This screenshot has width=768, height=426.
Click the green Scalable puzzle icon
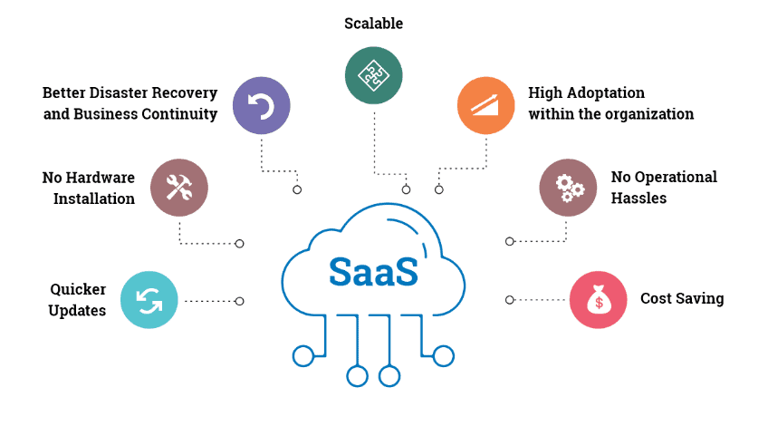coord(373,74)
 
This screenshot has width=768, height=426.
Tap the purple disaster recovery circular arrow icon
coord(262,106)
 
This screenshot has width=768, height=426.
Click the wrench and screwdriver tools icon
coord(178,188)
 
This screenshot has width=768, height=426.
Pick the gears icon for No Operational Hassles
coord(568,188)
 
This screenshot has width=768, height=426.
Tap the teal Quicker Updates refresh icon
coord(149,300)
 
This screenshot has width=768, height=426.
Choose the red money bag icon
coord(598,299)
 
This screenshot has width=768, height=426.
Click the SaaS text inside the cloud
coord(373,271)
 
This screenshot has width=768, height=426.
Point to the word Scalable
coord(373,24)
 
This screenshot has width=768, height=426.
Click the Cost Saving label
coord(681,298)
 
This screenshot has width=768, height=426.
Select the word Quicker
coord(78,290)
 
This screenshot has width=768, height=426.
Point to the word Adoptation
coord(612,92)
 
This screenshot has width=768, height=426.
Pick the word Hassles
coord(638,198)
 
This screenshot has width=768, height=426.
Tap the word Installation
coord(94,198)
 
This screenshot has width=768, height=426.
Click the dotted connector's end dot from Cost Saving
coord(510,299)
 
